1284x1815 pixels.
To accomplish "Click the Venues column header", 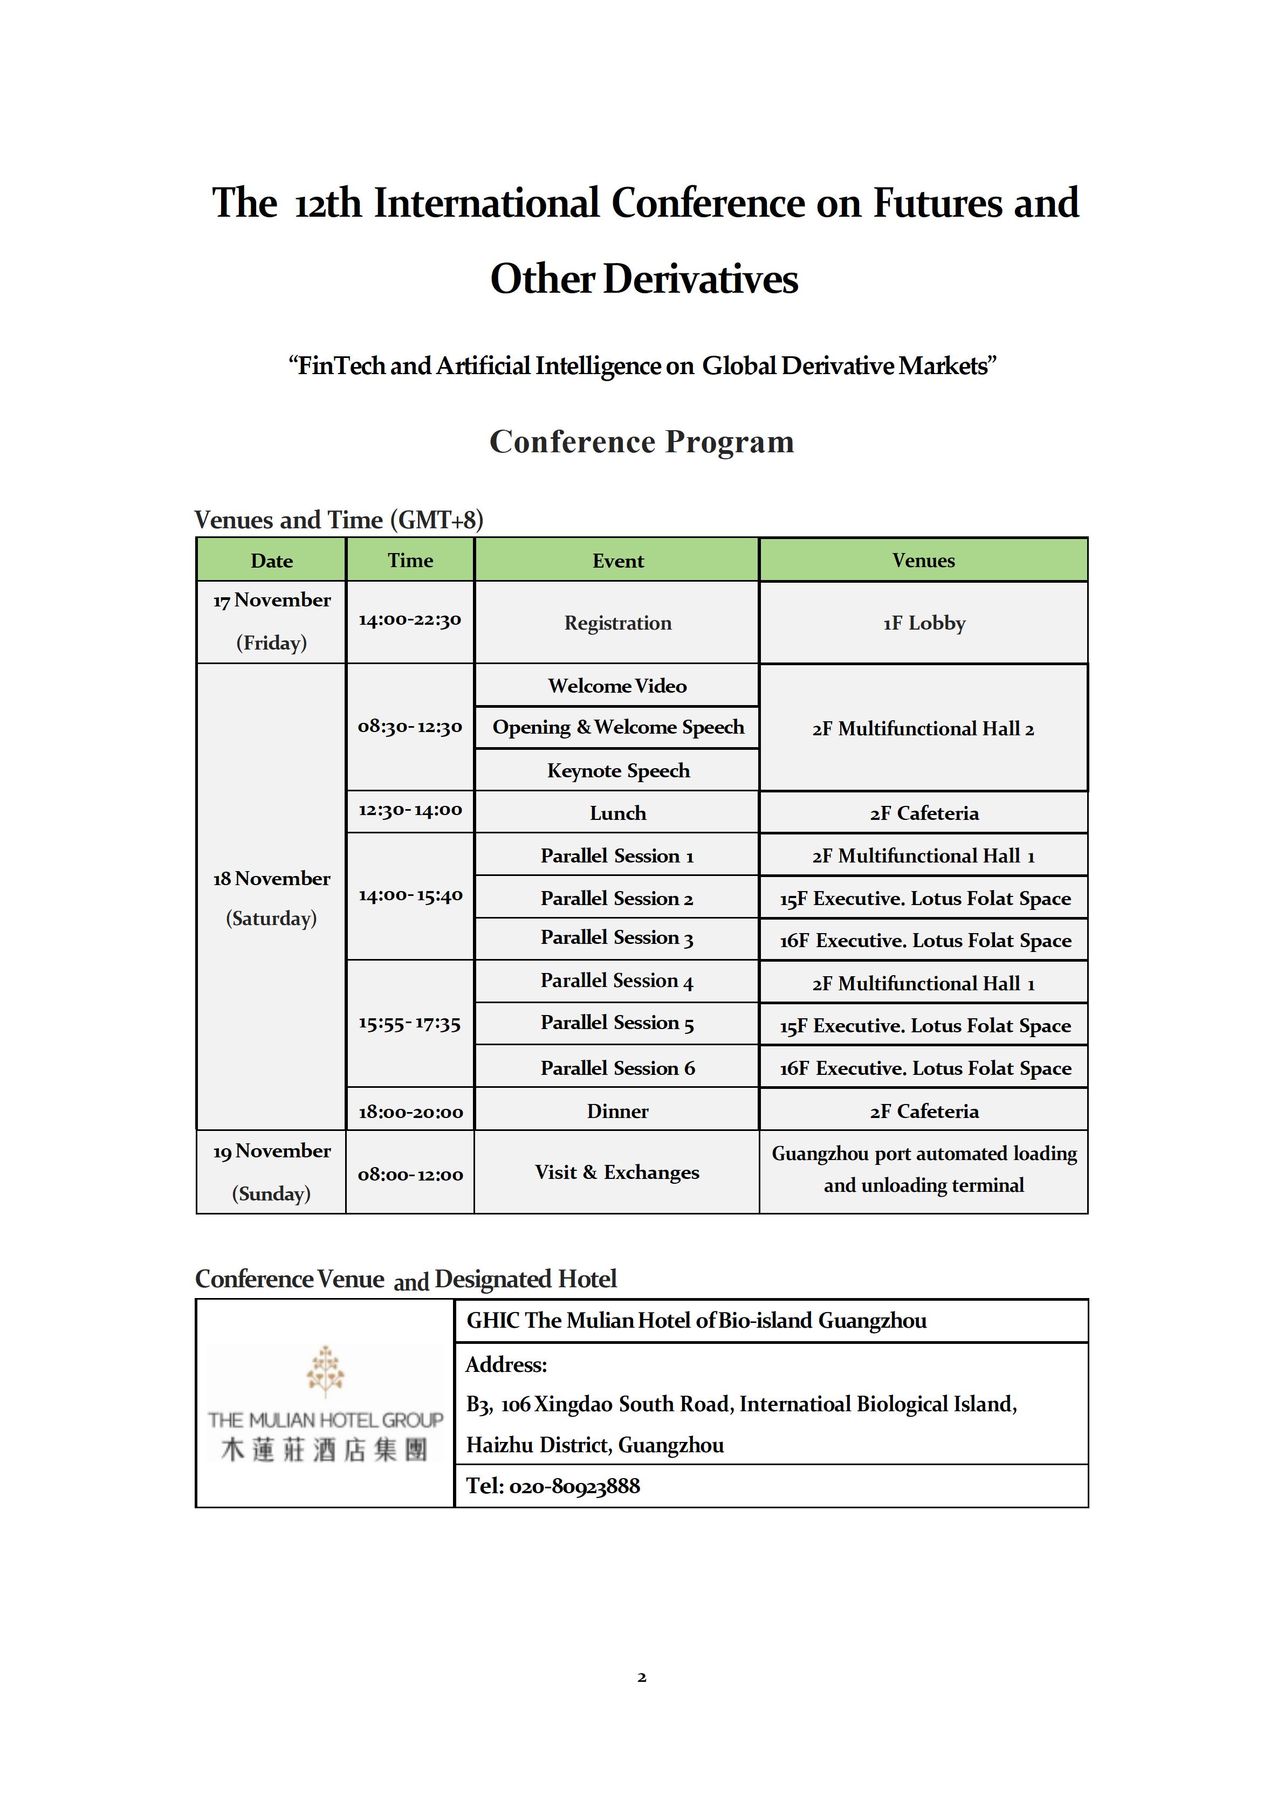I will pyautogui.click(x=923, y=561).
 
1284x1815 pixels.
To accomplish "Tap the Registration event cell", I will pyautogui.click(x=617, y=623).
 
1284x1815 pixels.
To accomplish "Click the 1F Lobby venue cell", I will pyautogui.click(x=923, y=623).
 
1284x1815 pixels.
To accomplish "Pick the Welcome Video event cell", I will pyautogui.click(x=617, y=685).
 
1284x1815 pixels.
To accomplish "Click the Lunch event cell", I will pyautogui.click(x=617, y=813).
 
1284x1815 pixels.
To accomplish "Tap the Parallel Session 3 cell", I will pyautogui.click(x=617, y=938).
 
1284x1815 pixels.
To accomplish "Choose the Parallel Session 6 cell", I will pyautogui.click(x=617, y=1068).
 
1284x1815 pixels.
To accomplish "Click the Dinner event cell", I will pyautogui.click(x=617, y=1110).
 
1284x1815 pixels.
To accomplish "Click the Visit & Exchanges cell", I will pyautogui.click(x=617, y=1172).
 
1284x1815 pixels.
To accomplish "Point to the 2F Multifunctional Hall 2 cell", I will pyautogui.click(x=923, y=728).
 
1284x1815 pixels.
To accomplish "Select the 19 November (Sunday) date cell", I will pyautogui.click(x=271, y=1172).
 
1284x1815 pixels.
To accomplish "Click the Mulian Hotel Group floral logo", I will pyautogui.click(x=325, y=1371).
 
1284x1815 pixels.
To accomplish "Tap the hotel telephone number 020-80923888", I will pyautogui.click(x=575, y=1486).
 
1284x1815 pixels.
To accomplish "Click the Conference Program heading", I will pyautogui.click(x=641, y=441).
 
